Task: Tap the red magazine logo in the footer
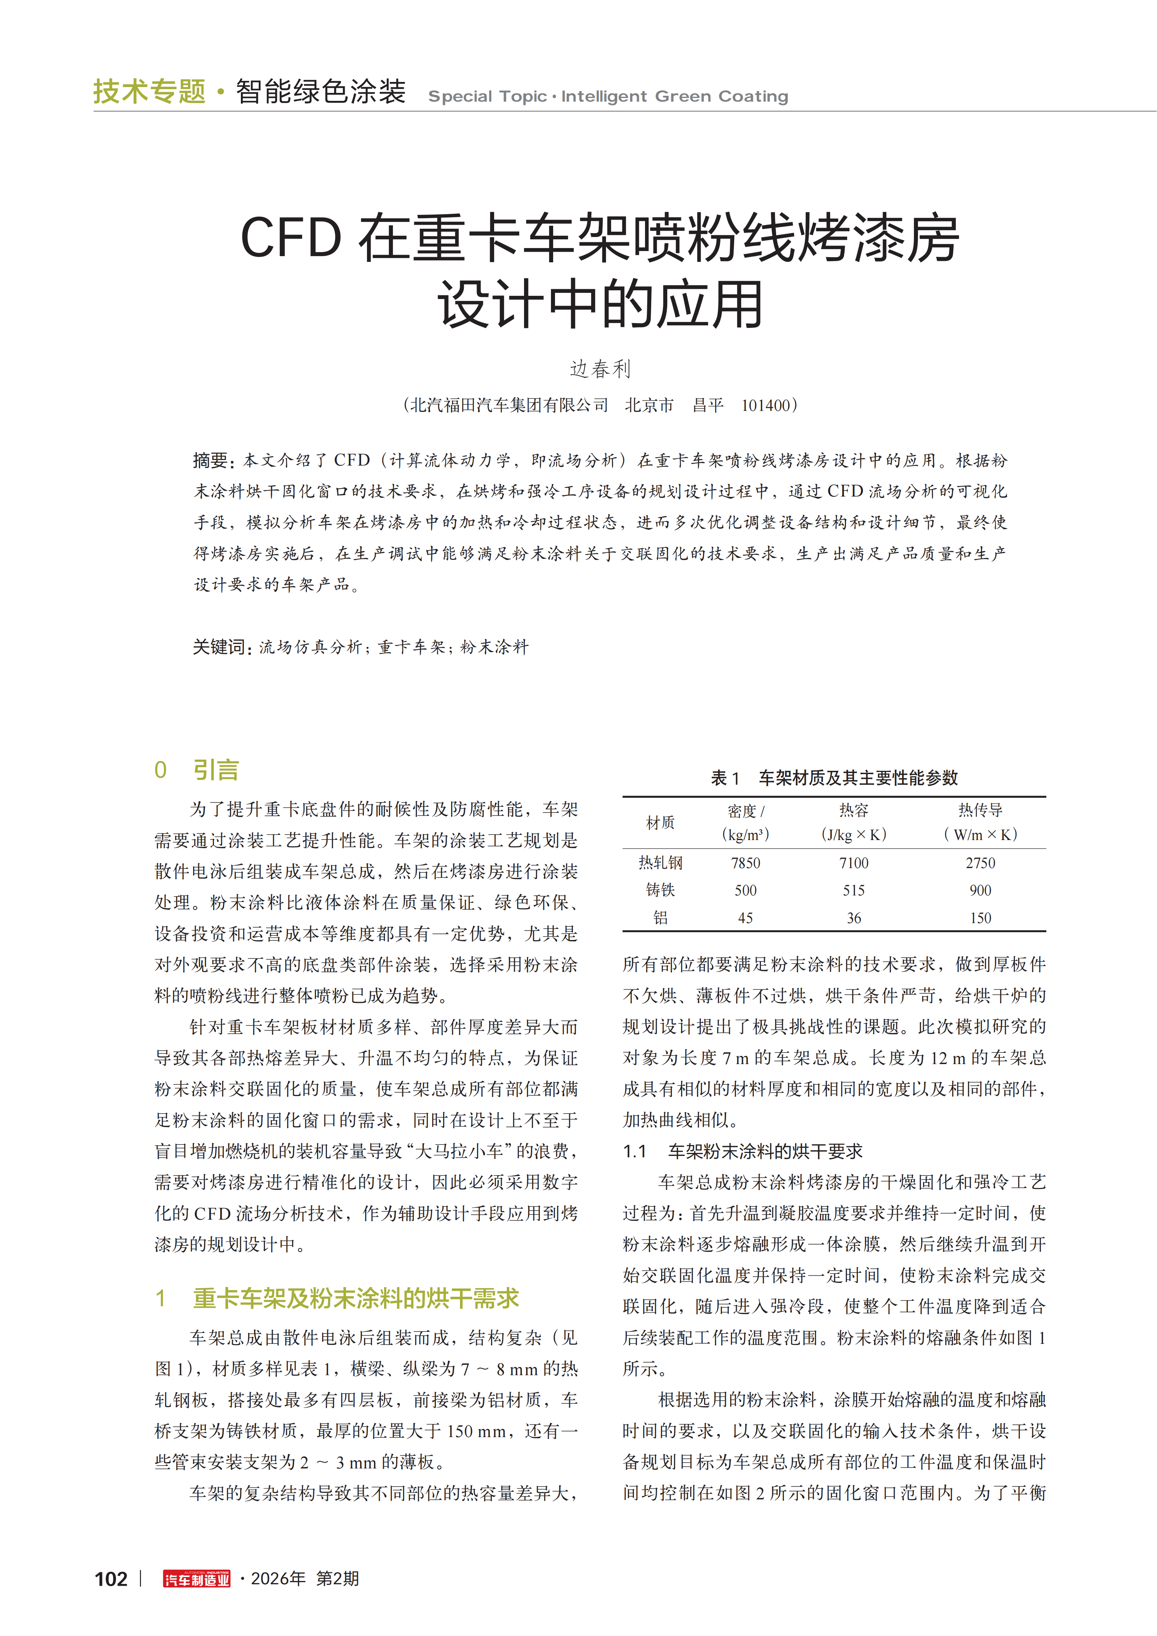point(197,1579)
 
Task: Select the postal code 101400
point(766,405)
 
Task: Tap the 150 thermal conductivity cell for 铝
point(980,918)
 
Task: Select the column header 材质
point(660,822)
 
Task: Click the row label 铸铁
point(660,890)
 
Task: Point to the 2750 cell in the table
point(980,863)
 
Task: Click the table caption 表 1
point(725,777)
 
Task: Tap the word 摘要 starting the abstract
point(210,460)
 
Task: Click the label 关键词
point(220,647)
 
